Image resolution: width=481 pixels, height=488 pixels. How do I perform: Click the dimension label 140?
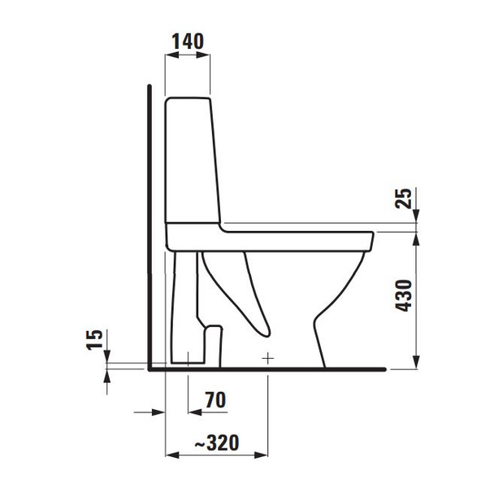click(188, 41)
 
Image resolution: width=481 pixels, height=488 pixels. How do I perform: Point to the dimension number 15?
click(95, 339)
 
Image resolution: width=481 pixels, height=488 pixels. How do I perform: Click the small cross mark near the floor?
click(268, 358)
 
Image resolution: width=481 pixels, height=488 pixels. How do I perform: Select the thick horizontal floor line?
click(268, 368)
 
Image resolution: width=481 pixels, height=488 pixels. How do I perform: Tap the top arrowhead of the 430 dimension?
click(417, 237)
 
